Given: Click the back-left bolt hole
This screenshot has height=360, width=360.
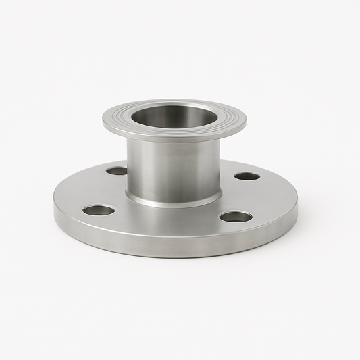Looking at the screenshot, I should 117,171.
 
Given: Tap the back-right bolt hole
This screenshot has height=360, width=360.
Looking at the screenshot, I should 247,176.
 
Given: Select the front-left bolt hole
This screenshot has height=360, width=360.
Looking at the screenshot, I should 99,210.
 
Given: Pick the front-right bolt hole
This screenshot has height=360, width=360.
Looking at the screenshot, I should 236,217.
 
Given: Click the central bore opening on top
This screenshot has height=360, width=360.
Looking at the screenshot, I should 174,116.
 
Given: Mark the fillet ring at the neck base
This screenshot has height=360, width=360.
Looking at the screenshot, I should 174,201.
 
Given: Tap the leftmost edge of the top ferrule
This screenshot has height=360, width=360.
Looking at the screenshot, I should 104,122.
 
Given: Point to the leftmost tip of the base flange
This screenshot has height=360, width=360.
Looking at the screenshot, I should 55,205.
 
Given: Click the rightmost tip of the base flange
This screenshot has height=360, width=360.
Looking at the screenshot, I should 297,209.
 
